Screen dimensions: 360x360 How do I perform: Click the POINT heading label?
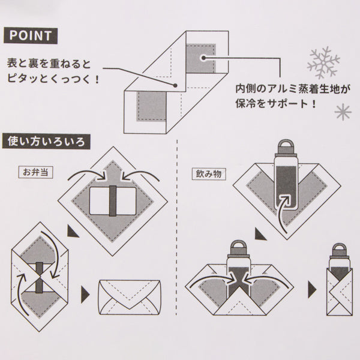coord(31,36)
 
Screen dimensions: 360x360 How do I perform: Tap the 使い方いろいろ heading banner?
coord(46,141)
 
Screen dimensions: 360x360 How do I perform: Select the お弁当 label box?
coord(35,172)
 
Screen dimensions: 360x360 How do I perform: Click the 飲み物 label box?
coord(209,174)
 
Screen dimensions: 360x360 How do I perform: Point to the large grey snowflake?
coord(323,62)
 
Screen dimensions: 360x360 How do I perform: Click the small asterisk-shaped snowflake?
coord(343,112)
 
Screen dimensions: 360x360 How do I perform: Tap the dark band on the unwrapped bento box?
coord(113,201)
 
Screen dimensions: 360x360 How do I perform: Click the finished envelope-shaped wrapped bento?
coord(130,298)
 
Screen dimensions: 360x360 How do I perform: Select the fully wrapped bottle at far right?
coord(340,280)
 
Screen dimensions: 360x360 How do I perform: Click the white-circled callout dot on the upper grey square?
coord(203,58)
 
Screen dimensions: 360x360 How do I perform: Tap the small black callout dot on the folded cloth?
coord(175,85)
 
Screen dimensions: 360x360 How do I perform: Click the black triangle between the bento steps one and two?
coord(73,232)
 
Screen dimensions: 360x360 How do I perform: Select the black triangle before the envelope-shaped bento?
coord(85,294)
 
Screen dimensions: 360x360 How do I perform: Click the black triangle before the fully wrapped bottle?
coord(312,290)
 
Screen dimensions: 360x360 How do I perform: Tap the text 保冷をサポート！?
coord(276,104)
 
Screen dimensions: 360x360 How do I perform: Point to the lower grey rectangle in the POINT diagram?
coord(151,106)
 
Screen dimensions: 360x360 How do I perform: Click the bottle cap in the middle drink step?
coord(238,256)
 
